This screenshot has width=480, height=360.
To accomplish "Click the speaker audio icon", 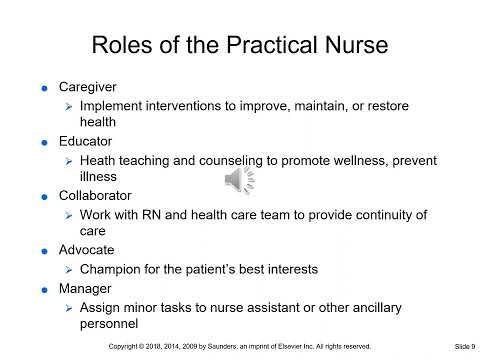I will pos(239,180).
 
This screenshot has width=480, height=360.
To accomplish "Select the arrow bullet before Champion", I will pos(68,270).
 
